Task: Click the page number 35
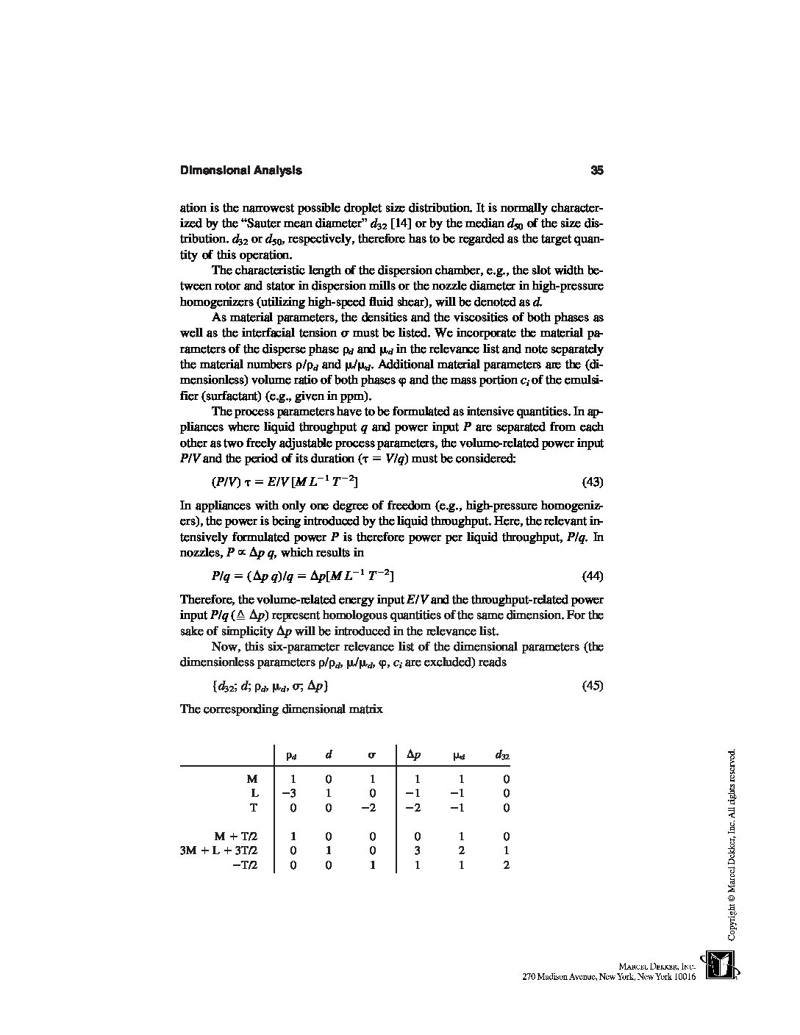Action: (x=596, y=171)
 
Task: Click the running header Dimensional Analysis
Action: (x=240, y=171)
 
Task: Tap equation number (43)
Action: (x=593, y=482)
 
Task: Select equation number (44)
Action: (x=593, y=576)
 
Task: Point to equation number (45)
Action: (x=593, y=686)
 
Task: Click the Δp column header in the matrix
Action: (x=414, y=754)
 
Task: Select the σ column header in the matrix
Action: (x=372, y=754)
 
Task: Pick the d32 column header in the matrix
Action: (x=503, y=754)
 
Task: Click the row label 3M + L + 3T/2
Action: (x=219, y=850)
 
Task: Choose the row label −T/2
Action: (x=245, y=865)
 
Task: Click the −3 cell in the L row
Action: (x=289, y=793)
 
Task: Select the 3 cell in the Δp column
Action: (x=417, y=850)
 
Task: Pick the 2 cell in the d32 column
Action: (x=506, y=865)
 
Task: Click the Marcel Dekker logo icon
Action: (x=720, y=965)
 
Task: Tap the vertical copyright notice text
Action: (x=731, y=845)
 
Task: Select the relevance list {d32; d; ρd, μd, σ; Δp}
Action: (x=269, y=686)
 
